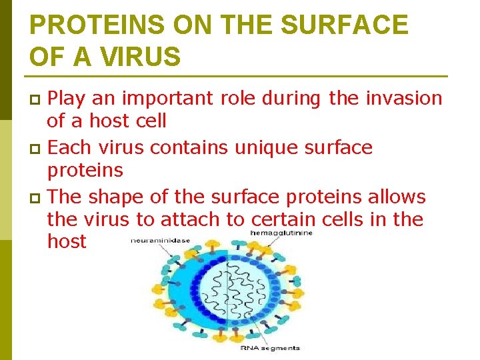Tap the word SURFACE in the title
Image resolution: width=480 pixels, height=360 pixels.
345,25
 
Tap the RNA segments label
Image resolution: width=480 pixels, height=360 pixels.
270,347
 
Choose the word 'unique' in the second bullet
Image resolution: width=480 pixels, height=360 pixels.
267,147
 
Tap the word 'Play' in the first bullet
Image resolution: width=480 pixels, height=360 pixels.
69,99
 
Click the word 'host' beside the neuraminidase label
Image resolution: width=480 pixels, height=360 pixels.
67,241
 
